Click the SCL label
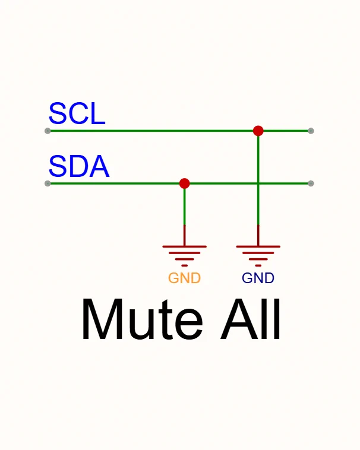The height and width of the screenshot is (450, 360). point(77,113)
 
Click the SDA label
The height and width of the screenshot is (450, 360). point(79,166)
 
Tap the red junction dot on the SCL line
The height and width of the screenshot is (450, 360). point(258,131)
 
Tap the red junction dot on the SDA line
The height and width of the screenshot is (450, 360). point(184,183)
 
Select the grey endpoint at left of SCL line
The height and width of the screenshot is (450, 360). point(48,131)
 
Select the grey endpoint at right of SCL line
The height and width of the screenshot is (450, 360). point(311,131)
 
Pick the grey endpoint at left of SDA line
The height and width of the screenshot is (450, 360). point(48,183)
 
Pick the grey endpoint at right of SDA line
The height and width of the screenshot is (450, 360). point(311,183)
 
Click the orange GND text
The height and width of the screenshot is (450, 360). point(184,278)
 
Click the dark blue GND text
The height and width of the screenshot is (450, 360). point(258,278)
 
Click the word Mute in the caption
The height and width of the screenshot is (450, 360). point(143,319)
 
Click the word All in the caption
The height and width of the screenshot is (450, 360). point(250,319)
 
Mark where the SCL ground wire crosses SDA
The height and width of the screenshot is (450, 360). point(258,183)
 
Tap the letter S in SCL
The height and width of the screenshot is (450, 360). point(58,113)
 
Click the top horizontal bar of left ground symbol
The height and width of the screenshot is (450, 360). point(184,246)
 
